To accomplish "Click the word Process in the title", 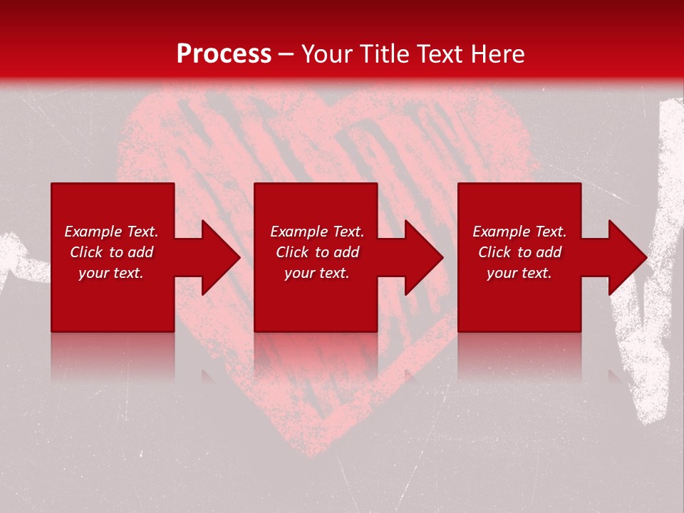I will [x=224, y=54].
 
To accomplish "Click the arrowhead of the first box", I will [x=220, y=257].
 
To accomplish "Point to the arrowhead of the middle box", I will [x=423, y=257].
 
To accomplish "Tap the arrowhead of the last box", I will [x=627, y=257].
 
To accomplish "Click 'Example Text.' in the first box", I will [x=111, y=232].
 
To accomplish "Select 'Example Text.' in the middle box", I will [x=317, y=232].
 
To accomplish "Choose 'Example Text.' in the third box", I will [x=519, y=232].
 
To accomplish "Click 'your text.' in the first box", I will [x=111, y=273].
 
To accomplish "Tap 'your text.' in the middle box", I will [x=317, y=273].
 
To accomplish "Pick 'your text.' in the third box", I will [x=519, y=273].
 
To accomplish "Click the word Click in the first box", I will [x=86, y=252].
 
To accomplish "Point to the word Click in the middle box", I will [x=292, y=252].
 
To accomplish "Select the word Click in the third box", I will [x=494, y=252].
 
